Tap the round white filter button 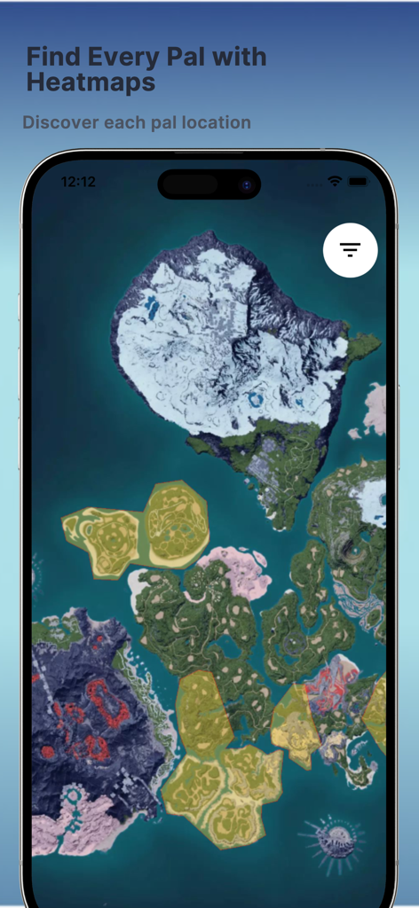351,250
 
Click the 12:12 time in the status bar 78,182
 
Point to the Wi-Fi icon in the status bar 335,181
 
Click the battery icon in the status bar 358,181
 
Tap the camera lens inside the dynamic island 247,184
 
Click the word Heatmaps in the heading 91,83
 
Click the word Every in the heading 110,58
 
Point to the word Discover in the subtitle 61,122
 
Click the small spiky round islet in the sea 334,837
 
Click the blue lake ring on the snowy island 257,401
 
